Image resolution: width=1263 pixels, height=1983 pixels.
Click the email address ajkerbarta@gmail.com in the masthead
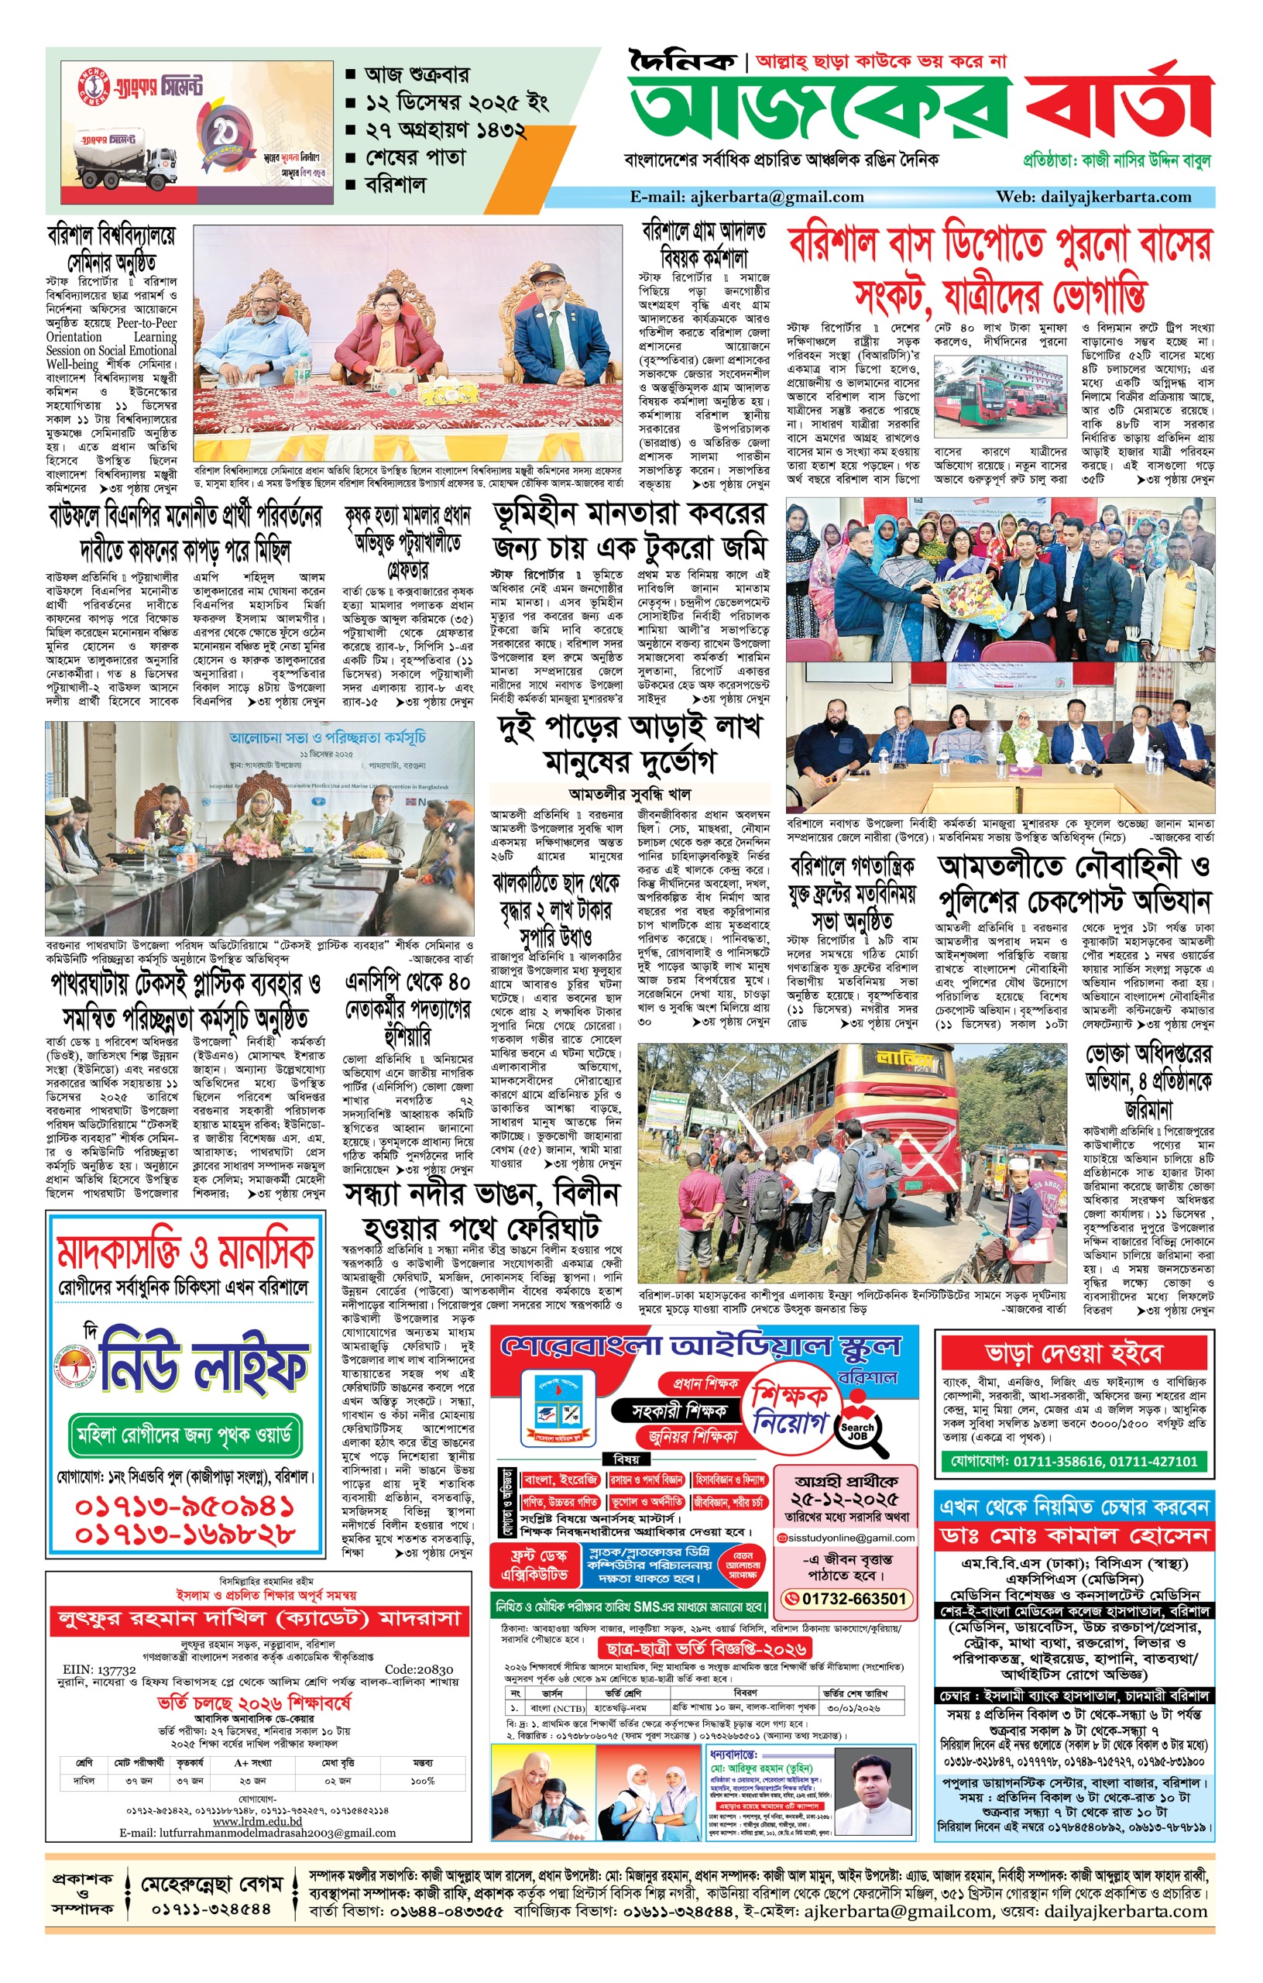pos(746,197)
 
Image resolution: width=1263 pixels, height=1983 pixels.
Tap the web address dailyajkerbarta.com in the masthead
pos(1093,197)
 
